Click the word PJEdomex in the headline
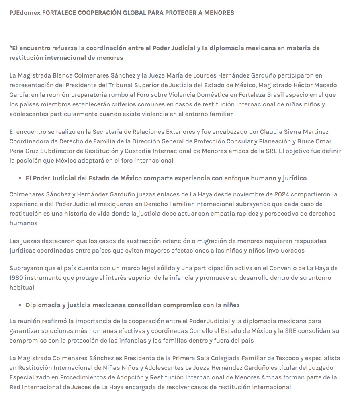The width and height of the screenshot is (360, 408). (x=24, y=13)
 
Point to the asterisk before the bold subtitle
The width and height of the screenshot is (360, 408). (x=11, y=47)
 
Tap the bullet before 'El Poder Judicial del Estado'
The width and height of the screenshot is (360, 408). (x=20, y=178)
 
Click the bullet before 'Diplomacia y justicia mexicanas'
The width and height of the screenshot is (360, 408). (x=20, y=305)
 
